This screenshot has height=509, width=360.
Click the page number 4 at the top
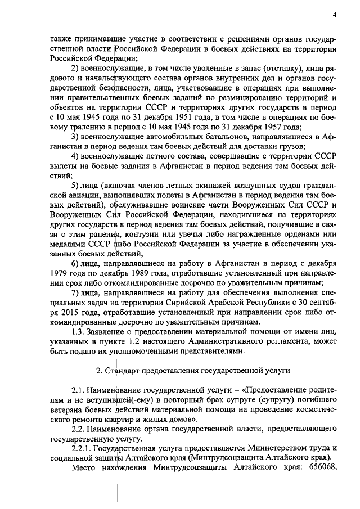[334, 15]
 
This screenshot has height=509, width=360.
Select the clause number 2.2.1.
[82, 449]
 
